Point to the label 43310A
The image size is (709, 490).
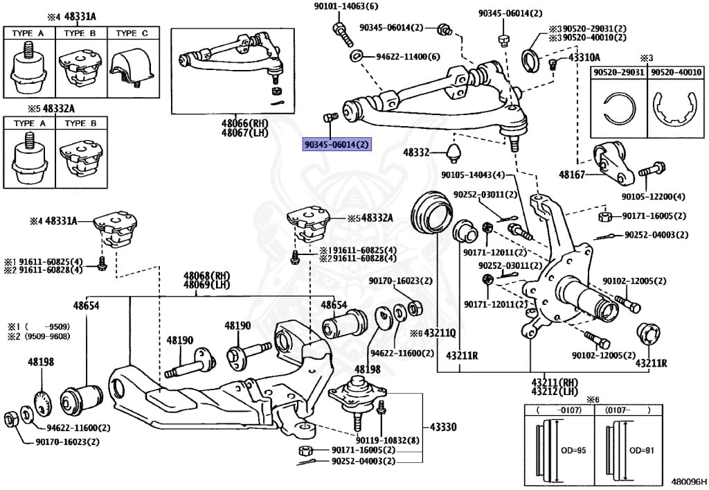pyautogui.click(x=584, y=58)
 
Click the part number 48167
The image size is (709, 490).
pyautogui.click(x=572, y=175)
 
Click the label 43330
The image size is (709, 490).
pyautogui.click(x=443, y=428)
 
